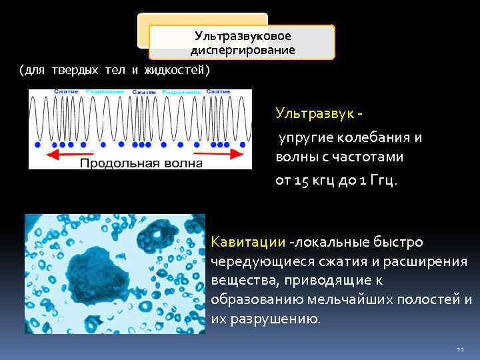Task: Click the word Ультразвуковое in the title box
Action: [x=243, y=36]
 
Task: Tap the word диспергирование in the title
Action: [x=243, y=50]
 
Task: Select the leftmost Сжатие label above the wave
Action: [x=67, y=91]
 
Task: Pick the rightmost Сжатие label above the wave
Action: [x=221, y=91]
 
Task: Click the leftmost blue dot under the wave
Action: [x=38, y=144]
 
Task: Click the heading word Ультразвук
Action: [x=315, y=113]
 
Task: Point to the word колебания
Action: [x=373, y=137]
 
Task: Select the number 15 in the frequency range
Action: [x=301, y=181]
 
